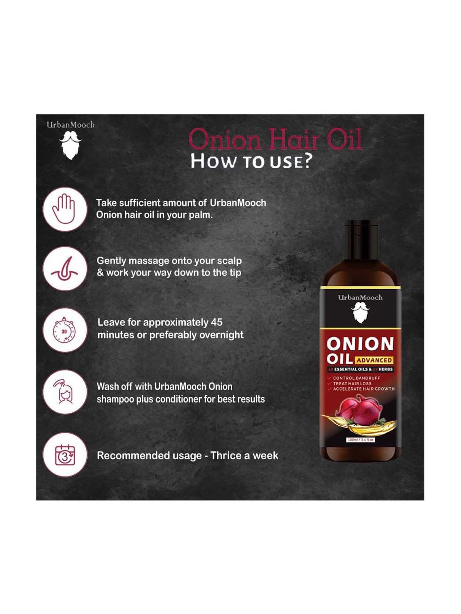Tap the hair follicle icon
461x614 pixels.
(x=65, y=269)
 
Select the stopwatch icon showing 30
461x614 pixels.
(x=64, y=330)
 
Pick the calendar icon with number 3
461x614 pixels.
(x=65, y=455)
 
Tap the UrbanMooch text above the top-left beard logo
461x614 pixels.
(x=70, y=125)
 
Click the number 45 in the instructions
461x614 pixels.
(x=216, y=322)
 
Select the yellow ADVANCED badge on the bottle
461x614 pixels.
(x=374, y=360)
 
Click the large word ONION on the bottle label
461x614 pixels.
(x=360, y=344)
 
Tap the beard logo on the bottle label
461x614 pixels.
(x=361, y=312)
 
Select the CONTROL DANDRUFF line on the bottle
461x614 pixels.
(x=356, y=378)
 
